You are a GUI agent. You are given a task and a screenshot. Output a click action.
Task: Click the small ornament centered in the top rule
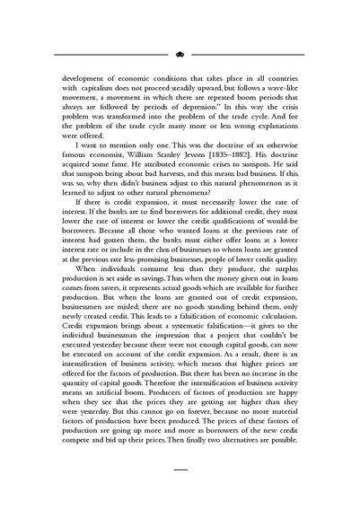[180, 55]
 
